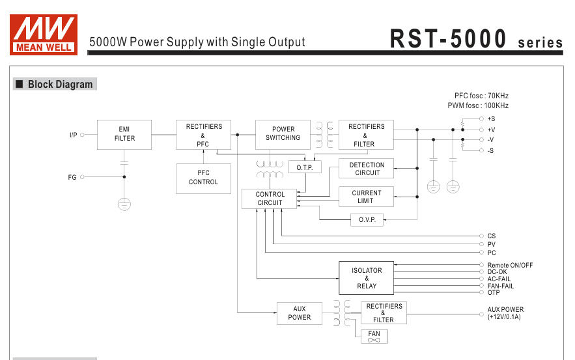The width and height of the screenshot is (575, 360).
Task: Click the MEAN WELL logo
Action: coord(44,34)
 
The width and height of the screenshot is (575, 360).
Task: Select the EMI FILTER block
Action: coord(124,134)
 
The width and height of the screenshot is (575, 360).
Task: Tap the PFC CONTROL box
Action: coord(203,178)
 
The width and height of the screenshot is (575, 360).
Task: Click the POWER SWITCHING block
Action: coord(283,134)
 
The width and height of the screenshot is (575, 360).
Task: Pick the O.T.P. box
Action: coord(304,167)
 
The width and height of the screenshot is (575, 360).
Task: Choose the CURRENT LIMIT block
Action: coord(366,197)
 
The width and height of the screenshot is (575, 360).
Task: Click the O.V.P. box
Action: coord(367,220)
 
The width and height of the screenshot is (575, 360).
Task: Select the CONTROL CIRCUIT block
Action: coord(270,199)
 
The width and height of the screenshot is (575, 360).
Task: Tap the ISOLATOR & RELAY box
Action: coord(367,278)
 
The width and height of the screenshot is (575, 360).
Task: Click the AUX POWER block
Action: coord(299,313)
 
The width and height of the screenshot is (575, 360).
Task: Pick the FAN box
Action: coord(374,337)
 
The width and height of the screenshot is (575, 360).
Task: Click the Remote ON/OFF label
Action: coord(510,266)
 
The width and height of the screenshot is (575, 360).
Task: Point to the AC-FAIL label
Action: coord(499,279)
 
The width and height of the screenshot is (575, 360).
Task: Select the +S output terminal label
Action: coord(491,119)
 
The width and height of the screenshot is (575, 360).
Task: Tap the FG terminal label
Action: coord(72,177)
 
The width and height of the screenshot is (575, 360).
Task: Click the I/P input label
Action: coord(74,135)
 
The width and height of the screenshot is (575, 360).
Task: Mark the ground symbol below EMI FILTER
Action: coord(124,204)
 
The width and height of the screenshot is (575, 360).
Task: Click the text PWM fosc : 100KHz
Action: coord(478,105)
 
